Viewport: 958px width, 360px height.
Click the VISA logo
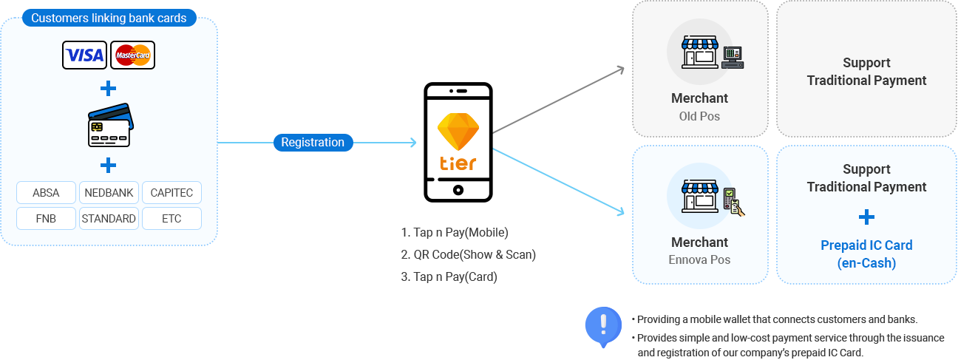pos(85,55)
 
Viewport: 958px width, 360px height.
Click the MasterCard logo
pos(133,55)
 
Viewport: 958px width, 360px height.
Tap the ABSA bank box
pos(46,193)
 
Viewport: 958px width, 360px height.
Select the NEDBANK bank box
pos(109,193)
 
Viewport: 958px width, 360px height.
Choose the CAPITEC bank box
pos(171,193)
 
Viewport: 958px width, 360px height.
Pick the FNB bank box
pos(46,218)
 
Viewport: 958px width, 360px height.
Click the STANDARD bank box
pos(109,218)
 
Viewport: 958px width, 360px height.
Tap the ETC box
pos(171,218)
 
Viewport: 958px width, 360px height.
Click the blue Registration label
pos(313,142)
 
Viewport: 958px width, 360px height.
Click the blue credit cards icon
pos(109,125)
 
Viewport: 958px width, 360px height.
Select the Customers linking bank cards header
pos(109,18)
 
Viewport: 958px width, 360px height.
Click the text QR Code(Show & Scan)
pos(468,254)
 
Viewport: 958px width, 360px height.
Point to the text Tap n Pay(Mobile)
pos(455,232)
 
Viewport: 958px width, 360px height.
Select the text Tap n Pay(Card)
pos(449,276)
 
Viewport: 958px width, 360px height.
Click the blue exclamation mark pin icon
pos(603,324)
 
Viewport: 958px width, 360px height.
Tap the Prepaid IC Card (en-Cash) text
pos(866,254)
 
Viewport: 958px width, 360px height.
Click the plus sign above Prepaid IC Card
pos(866,217)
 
